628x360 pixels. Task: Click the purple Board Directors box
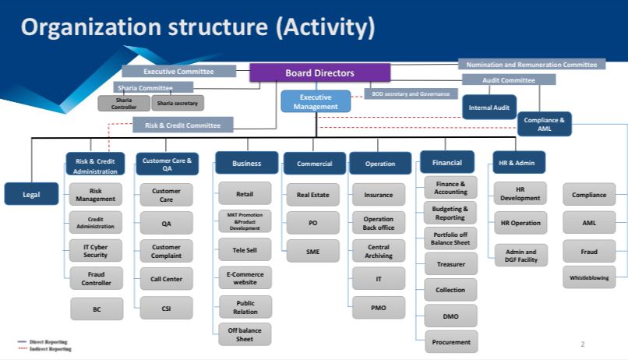319,72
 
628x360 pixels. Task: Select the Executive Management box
316,101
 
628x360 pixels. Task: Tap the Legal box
32,194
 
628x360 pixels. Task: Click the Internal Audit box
488,106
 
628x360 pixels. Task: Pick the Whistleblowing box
589,277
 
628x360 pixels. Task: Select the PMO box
378,307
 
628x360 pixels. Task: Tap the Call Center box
166,279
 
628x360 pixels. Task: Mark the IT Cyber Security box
96,250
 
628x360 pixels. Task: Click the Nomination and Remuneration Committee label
531,65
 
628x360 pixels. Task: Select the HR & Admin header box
519,163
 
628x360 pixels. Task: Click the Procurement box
451,341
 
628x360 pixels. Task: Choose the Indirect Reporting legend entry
45,349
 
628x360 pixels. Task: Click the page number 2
582,344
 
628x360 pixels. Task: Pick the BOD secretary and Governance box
410,94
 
